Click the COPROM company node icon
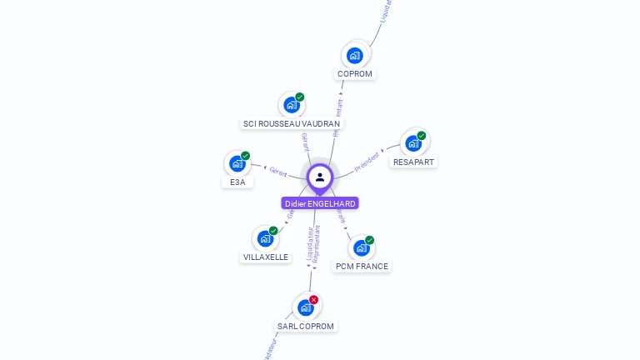coord(355,56)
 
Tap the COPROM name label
coord(355,74)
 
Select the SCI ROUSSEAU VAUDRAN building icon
coord(291,105)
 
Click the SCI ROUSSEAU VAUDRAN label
coord(292,123)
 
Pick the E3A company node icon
coord(237,163)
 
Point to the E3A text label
coord(237,182)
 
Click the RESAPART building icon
coord(413,143)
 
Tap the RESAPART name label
coord(413,162)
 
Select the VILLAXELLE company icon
coord(265,239)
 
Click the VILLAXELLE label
coord(266,257)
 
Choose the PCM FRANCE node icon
coord(361,248)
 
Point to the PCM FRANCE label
coord(362,267)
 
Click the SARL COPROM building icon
coord(306,307)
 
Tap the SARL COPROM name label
coord(306,327)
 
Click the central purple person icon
coord(320,177)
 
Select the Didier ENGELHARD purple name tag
coord(320,203)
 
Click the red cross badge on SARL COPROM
coord(314,299)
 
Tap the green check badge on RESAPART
coord(422,135)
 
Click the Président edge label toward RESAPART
coord(367,161)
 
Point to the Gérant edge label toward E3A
coord(278,172)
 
